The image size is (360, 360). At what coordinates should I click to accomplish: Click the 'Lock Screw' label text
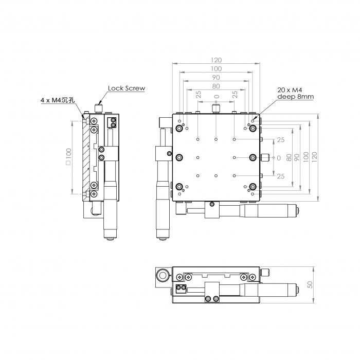coord(127,88)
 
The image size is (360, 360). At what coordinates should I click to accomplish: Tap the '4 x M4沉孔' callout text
coord(58,100)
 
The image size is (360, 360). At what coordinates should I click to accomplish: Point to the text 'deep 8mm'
coord(295,96)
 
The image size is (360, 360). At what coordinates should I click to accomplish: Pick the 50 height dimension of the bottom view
coord(310,284)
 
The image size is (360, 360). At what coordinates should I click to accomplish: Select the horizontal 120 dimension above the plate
coord(216,60)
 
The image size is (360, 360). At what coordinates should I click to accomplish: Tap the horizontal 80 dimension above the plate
coord(216,86)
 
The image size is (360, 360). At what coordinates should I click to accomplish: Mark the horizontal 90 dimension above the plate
coord(216,78)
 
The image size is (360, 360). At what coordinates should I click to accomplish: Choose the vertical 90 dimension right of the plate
coord(297,157)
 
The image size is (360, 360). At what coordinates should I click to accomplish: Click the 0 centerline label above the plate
coord(217,96)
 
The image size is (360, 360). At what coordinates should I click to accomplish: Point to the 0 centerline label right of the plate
coord(279,158)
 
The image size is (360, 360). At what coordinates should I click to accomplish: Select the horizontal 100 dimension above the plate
coord(216,69)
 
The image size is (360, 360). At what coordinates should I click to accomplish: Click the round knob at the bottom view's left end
coord(163,276)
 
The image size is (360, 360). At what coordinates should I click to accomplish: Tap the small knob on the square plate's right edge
coord(266,157)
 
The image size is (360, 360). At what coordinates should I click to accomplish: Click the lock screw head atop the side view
coord(98,108)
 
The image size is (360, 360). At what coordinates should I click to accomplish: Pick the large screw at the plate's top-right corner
coord(253,128)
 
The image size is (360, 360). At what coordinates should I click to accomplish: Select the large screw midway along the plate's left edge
coord(179,157)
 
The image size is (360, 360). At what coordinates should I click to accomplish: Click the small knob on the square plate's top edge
coord(216,109)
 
